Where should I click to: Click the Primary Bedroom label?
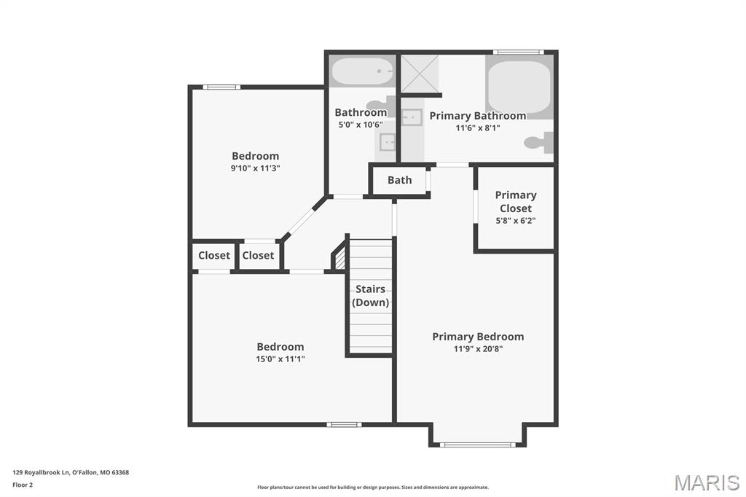[478, 337]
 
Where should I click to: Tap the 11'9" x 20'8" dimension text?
[478, 348]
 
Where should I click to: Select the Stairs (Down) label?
[370, 296]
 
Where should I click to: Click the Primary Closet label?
[516, 201]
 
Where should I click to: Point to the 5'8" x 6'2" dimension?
[516, 220]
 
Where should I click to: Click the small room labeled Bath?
[400, 180]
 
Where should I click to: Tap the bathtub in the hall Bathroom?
[363, 71]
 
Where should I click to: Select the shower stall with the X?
[420, 74]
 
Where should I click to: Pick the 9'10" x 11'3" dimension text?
[256, 168]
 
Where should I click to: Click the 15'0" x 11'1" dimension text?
[280, 359]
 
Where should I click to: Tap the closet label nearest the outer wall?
[214, 255]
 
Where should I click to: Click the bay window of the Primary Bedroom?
[478, 445]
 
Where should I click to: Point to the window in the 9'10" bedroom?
[221, 87]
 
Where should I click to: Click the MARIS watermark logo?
[707, 482]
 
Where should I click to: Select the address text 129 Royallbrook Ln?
[42, 472]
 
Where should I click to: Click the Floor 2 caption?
[23, 485]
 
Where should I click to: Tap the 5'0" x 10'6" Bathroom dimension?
[361, 125]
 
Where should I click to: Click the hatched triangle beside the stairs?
[339, 259]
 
